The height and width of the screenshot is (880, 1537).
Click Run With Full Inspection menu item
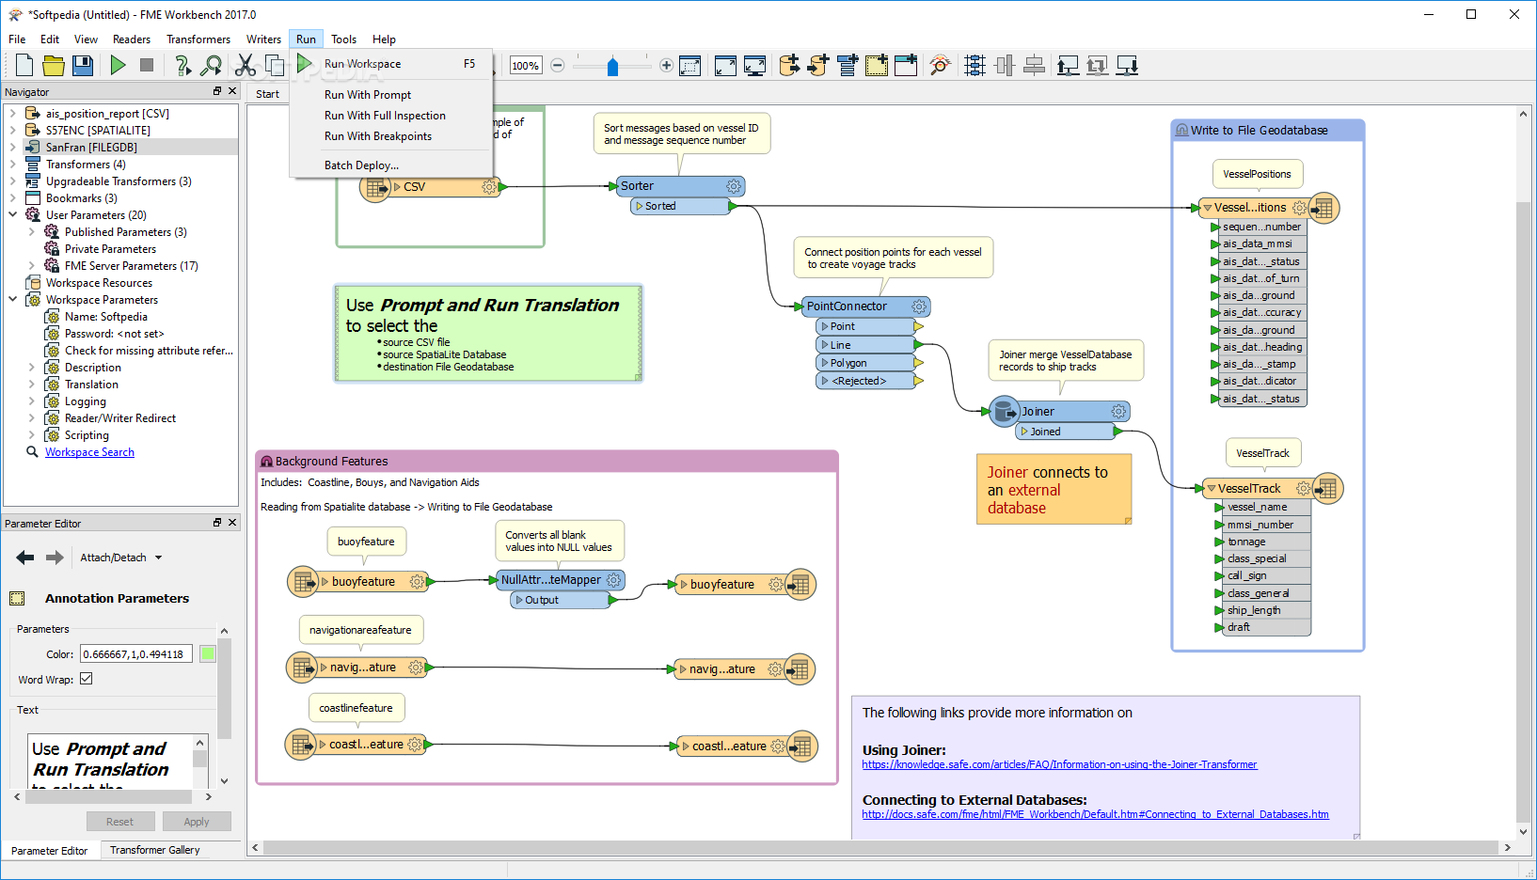tap(385, 116)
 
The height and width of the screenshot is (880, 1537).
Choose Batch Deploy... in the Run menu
tap(361, 165)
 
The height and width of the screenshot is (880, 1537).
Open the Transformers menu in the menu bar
tap(198, 39)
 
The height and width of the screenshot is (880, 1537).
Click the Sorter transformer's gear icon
tap(734, 186)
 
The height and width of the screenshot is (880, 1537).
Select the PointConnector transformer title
tap(847, 306)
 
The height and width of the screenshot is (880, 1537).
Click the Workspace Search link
tap(90, 452)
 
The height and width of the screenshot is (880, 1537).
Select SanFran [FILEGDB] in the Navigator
tap(91, 147)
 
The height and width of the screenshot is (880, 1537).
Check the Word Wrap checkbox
tap(87, 679)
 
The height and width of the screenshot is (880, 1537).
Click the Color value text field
tap(135, 653)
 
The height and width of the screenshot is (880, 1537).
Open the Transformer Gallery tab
tap(155, 850)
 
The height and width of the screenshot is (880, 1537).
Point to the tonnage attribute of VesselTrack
tap(1246, 542)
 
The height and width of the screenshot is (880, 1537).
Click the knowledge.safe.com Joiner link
tap(1059, 764)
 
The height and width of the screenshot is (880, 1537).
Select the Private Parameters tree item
tap(110, 249)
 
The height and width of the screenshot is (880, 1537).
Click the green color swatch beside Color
tap(207, 653)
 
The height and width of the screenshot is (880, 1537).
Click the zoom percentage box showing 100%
tap(525, 66)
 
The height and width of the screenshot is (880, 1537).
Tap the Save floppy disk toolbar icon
tap(83, 65)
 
